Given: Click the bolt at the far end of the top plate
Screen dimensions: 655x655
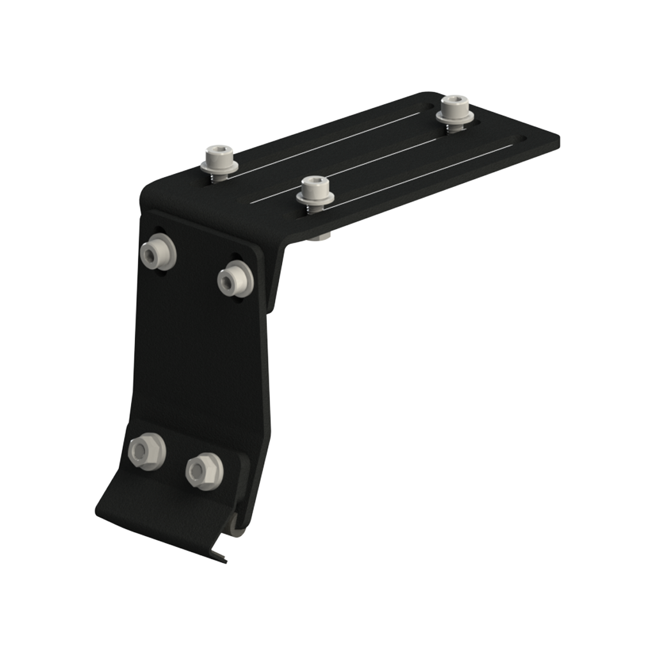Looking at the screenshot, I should click(x=455, y=109).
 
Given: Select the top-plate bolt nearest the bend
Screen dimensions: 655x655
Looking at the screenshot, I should click(x=219, y=160).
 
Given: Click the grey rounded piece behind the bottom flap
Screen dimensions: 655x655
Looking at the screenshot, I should click(x=237, y=530).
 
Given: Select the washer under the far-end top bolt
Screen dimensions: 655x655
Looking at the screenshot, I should click(x=455, y=118).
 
